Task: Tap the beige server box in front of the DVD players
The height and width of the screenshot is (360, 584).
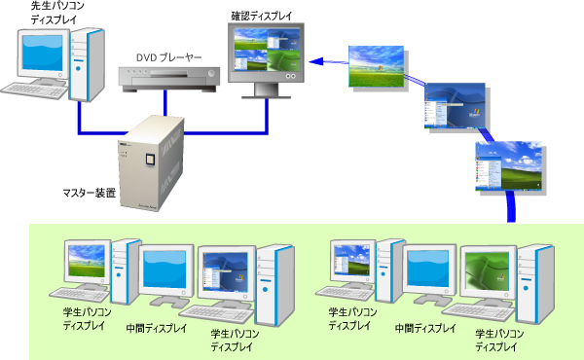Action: tap(152, 160)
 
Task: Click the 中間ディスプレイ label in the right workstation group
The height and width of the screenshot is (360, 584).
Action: tap(424, 329)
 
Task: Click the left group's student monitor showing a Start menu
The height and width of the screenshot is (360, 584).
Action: tap(226, 271)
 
